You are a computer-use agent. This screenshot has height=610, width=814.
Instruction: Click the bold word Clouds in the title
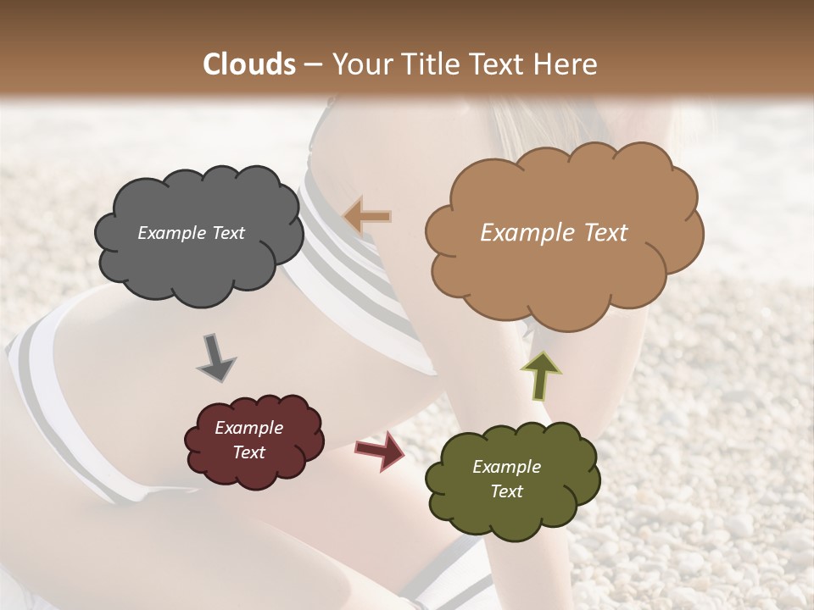249,64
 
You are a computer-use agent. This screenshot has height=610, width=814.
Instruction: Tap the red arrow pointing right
381,451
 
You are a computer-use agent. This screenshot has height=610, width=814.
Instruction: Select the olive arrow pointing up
538,375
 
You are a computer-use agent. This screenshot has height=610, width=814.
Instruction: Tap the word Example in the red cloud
248,428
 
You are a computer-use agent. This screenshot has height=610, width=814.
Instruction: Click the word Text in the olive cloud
506,491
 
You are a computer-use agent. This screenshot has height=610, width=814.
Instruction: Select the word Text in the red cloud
248,452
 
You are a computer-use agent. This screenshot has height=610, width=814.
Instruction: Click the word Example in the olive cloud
506,467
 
